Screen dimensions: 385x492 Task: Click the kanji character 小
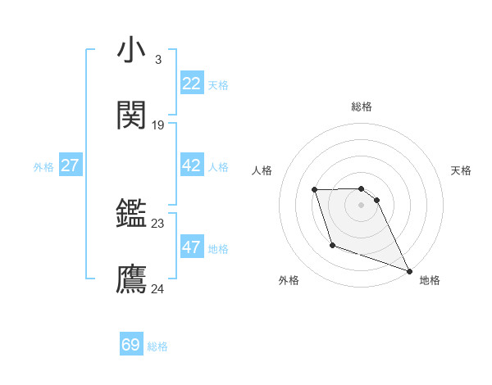[132, 51]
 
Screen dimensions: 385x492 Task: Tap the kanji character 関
[132, 115]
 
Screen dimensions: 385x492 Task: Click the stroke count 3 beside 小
[157, 60]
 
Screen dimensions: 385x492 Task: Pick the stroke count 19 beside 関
[158, 125]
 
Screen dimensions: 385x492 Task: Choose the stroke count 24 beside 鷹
[158, 289]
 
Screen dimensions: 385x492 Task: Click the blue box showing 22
[191, 84]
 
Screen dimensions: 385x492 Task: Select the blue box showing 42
[191, 165]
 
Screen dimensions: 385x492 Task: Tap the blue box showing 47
[191, 247]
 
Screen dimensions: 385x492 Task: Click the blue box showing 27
[70, 165]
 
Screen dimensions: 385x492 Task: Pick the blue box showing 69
[131, 345]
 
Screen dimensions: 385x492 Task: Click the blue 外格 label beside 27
[43, 167]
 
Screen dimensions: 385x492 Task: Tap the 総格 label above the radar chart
[362, 106]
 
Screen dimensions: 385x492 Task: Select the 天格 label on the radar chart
[462, 170]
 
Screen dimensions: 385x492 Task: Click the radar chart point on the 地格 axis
[409, 270]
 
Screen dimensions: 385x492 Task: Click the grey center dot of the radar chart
[362, 205]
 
